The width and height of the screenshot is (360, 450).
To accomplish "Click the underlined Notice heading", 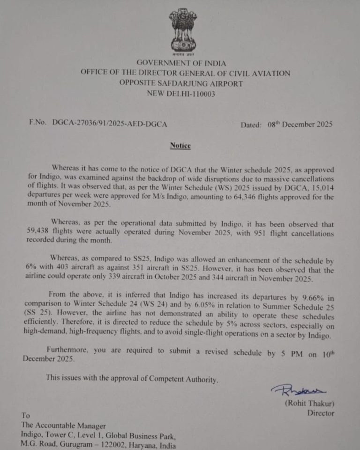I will [180, 146].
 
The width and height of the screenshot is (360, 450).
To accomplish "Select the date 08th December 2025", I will [300, 125].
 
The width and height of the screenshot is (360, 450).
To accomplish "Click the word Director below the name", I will [321, 413].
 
